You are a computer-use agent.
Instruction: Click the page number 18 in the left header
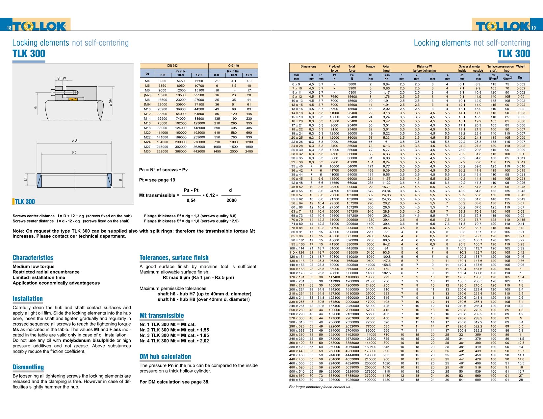point(9,28)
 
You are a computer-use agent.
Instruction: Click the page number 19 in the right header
point(533,28)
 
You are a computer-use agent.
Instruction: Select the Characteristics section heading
point(33,258)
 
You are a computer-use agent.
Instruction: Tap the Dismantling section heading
point(28,367)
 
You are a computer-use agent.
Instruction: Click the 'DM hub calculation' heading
point(165,357)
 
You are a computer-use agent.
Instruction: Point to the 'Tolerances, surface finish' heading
point(174,258)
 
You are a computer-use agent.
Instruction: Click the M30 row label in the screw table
point(147,151)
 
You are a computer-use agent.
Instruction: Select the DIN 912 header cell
point(172,66)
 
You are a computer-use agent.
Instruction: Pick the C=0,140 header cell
point(233,66)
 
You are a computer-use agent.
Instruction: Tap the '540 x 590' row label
point(297,380)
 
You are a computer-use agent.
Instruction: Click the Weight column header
point(521,66)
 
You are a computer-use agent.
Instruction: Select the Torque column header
point(370,66)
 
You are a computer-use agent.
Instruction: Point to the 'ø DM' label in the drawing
point(111,103)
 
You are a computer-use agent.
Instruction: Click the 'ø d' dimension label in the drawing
point(74,152)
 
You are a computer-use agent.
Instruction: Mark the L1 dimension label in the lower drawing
point(26,179)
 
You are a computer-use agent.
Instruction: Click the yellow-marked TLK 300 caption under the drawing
point(24,201)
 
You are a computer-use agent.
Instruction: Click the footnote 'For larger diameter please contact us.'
point(320,387)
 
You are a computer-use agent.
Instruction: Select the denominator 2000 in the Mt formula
point(231,200)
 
